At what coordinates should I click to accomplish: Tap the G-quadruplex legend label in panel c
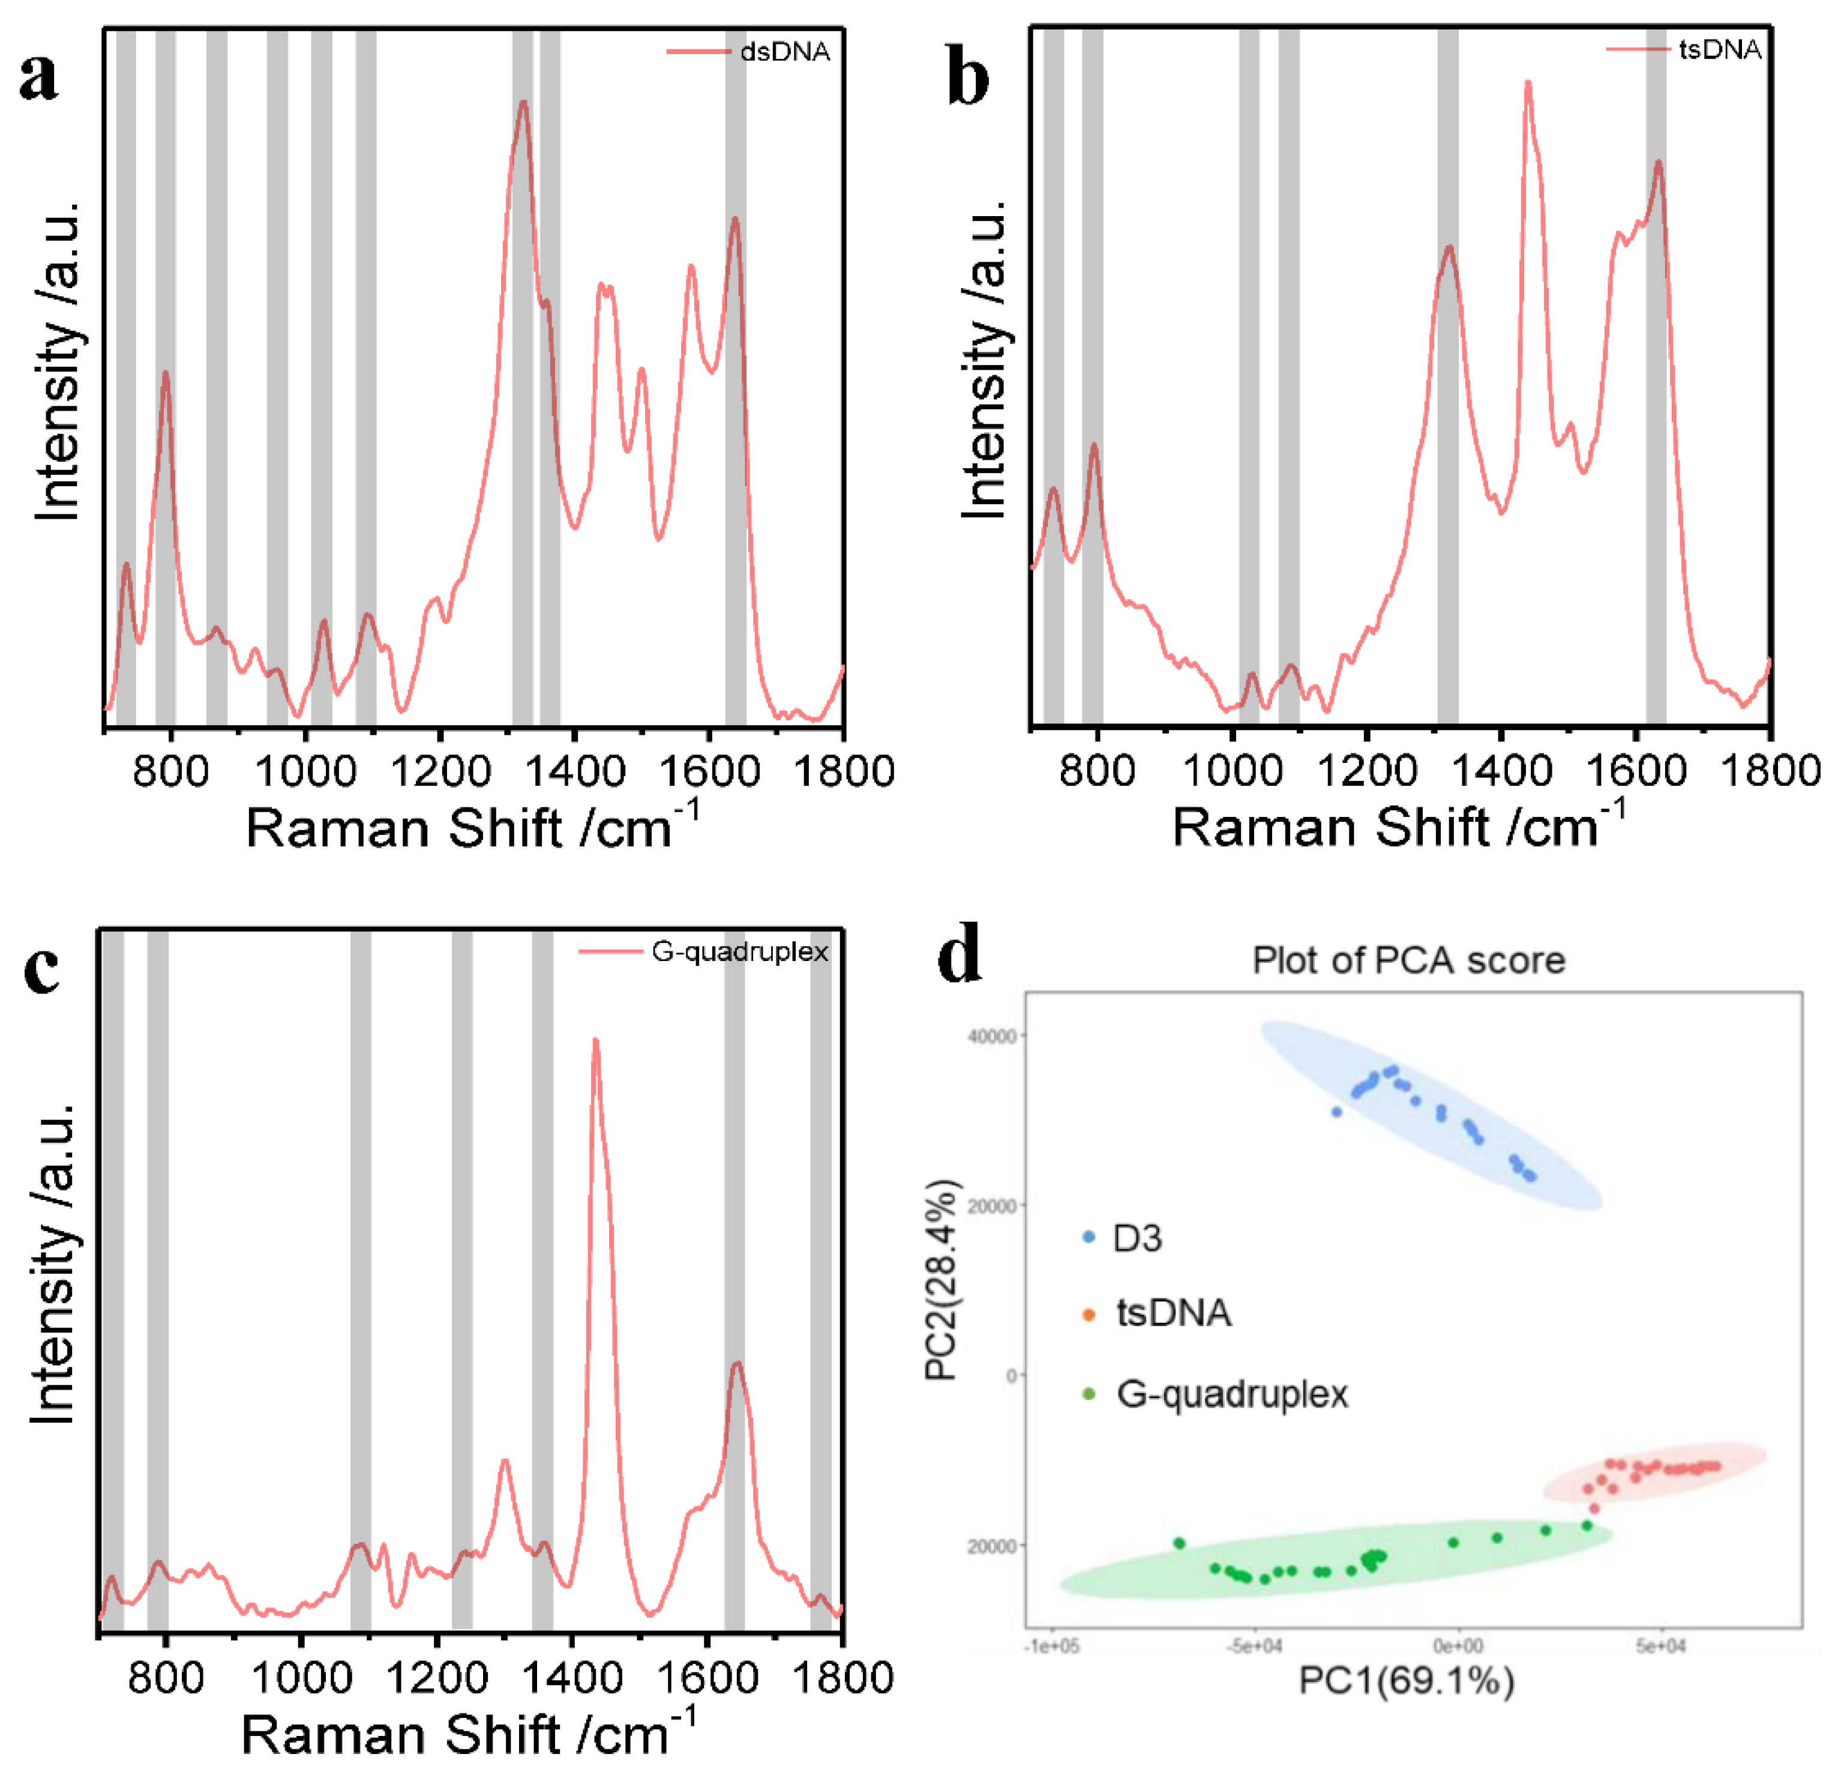click(x=740, y=953)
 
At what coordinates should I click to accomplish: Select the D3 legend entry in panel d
click(x=1137, y=1238)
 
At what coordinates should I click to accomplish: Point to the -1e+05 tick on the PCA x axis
click(x=1052, y=1647)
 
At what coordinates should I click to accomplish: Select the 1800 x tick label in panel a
click(x=842, y=772)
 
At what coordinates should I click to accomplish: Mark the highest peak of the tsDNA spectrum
click(x=1527, y=83)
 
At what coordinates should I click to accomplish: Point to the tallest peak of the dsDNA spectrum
click(x=523, y=101)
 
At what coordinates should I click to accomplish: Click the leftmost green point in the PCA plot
click(x=1180, y=1543)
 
